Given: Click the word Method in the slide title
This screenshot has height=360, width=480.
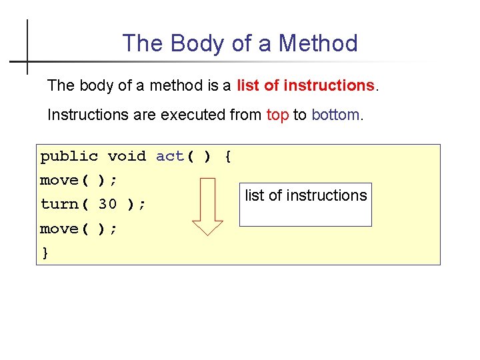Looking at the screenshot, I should click(x=318, y=43).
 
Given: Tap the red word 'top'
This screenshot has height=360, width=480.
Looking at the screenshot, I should click(x=277, y=115).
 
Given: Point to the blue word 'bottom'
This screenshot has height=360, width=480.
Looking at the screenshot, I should click(x=335, y=115).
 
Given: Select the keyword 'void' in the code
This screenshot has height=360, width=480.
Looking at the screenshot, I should click(x=127, y=157).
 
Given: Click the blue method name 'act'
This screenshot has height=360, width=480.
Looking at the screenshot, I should click(x=170, y=157).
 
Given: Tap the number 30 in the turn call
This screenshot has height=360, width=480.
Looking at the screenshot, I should click(x=107, y=204).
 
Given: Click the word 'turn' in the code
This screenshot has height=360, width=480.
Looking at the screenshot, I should click(x=59, y=204).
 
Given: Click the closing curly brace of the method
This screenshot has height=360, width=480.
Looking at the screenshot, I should click(x=45, y=253).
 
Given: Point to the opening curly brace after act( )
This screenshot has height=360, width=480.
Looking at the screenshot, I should click(x=228, y=157).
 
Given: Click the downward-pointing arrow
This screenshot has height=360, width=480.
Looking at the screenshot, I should click(x=208, y=207).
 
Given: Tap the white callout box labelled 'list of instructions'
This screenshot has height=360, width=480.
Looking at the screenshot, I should click(x=305, y=204).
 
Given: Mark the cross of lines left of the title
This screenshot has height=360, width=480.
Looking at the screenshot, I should click(x=27, y=61).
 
